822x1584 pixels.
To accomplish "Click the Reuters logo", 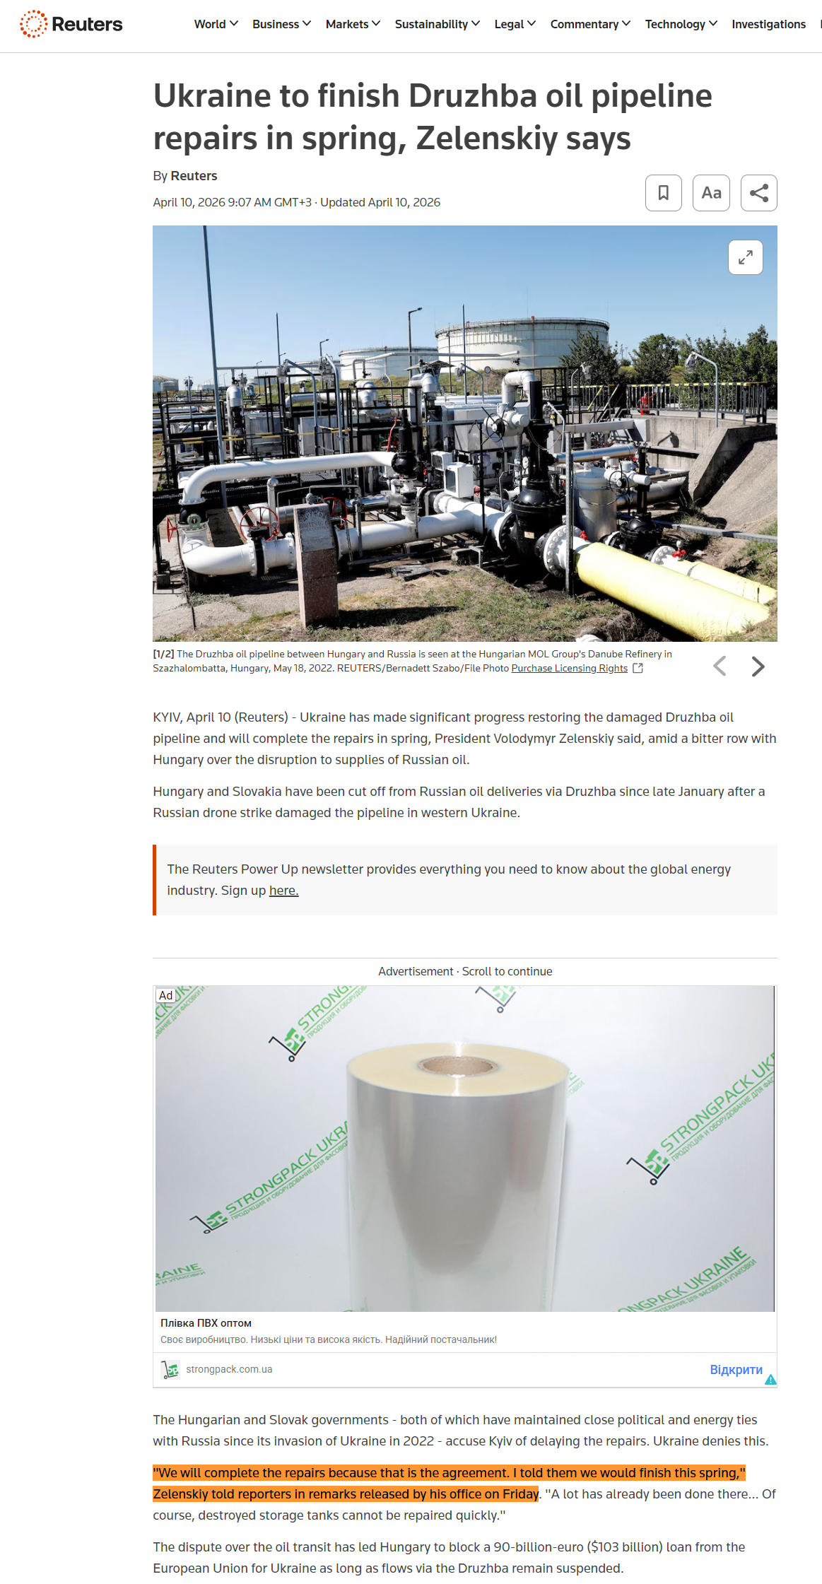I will click(x=71, y=24).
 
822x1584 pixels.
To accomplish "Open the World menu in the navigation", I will click(x=216, y=24).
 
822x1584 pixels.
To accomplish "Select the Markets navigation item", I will click(x=352, y=24).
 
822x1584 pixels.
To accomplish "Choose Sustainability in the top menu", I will click(x=437, y=24).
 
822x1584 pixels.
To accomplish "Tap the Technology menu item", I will click(x=681, y=24).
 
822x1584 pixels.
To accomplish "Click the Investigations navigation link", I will click(x=768, y=24).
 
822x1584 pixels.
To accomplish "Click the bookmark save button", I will click(x=663, y=193).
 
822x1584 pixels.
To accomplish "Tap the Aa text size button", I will click(x=711, y=193).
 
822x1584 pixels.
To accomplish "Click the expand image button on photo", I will click(x=745, y=257).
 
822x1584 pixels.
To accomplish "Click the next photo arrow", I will click(x=758, y=667).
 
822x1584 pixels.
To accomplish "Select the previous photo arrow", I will click(x=720, y=667).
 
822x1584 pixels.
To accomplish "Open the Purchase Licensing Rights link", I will click(x=569, y=668).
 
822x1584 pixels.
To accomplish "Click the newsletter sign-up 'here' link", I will click(x=283, y=891).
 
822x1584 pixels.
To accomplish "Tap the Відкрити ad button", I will click(x=736, y=1370).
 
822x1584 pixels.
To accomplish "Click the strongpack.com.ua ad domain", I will click(x=229, y=1369).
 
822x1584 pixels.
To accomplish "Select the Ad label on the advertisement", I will click(x=165, y=995).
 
